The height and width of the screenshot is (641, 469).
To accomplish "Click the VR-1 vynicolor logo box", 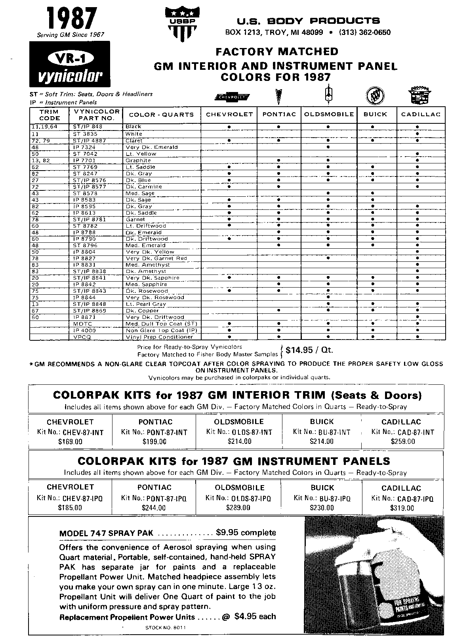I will click(x=70, y=64).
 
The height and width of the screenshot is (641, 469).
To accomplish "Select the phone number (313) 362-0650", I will click(x=364, y=33).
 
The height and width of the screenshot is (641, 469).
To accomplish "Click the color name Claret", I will click(x=134, y=140).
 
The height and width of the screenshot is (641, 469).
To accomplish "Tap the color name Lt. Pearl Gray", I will click(x=146, y=304).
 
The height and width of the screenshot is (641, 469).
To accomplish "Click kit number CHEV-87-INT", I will click(x=83, y=432).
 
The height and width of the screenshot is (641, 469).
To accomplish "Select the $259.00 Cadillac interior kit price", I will click(x=402, y=441).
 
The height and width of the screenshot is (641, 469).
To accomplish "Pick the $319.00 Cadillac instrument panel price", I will click(x=402, y=508).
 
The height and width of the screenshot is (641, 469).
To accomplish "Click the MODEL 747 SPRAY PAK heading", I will click(x=106, y=533).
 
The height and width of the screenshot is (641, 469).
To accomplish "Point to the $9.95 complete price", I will click(x=246, y=532).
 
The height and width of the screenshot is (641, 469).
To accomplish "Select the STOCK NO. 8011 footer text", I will click(x=165, y=628).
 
